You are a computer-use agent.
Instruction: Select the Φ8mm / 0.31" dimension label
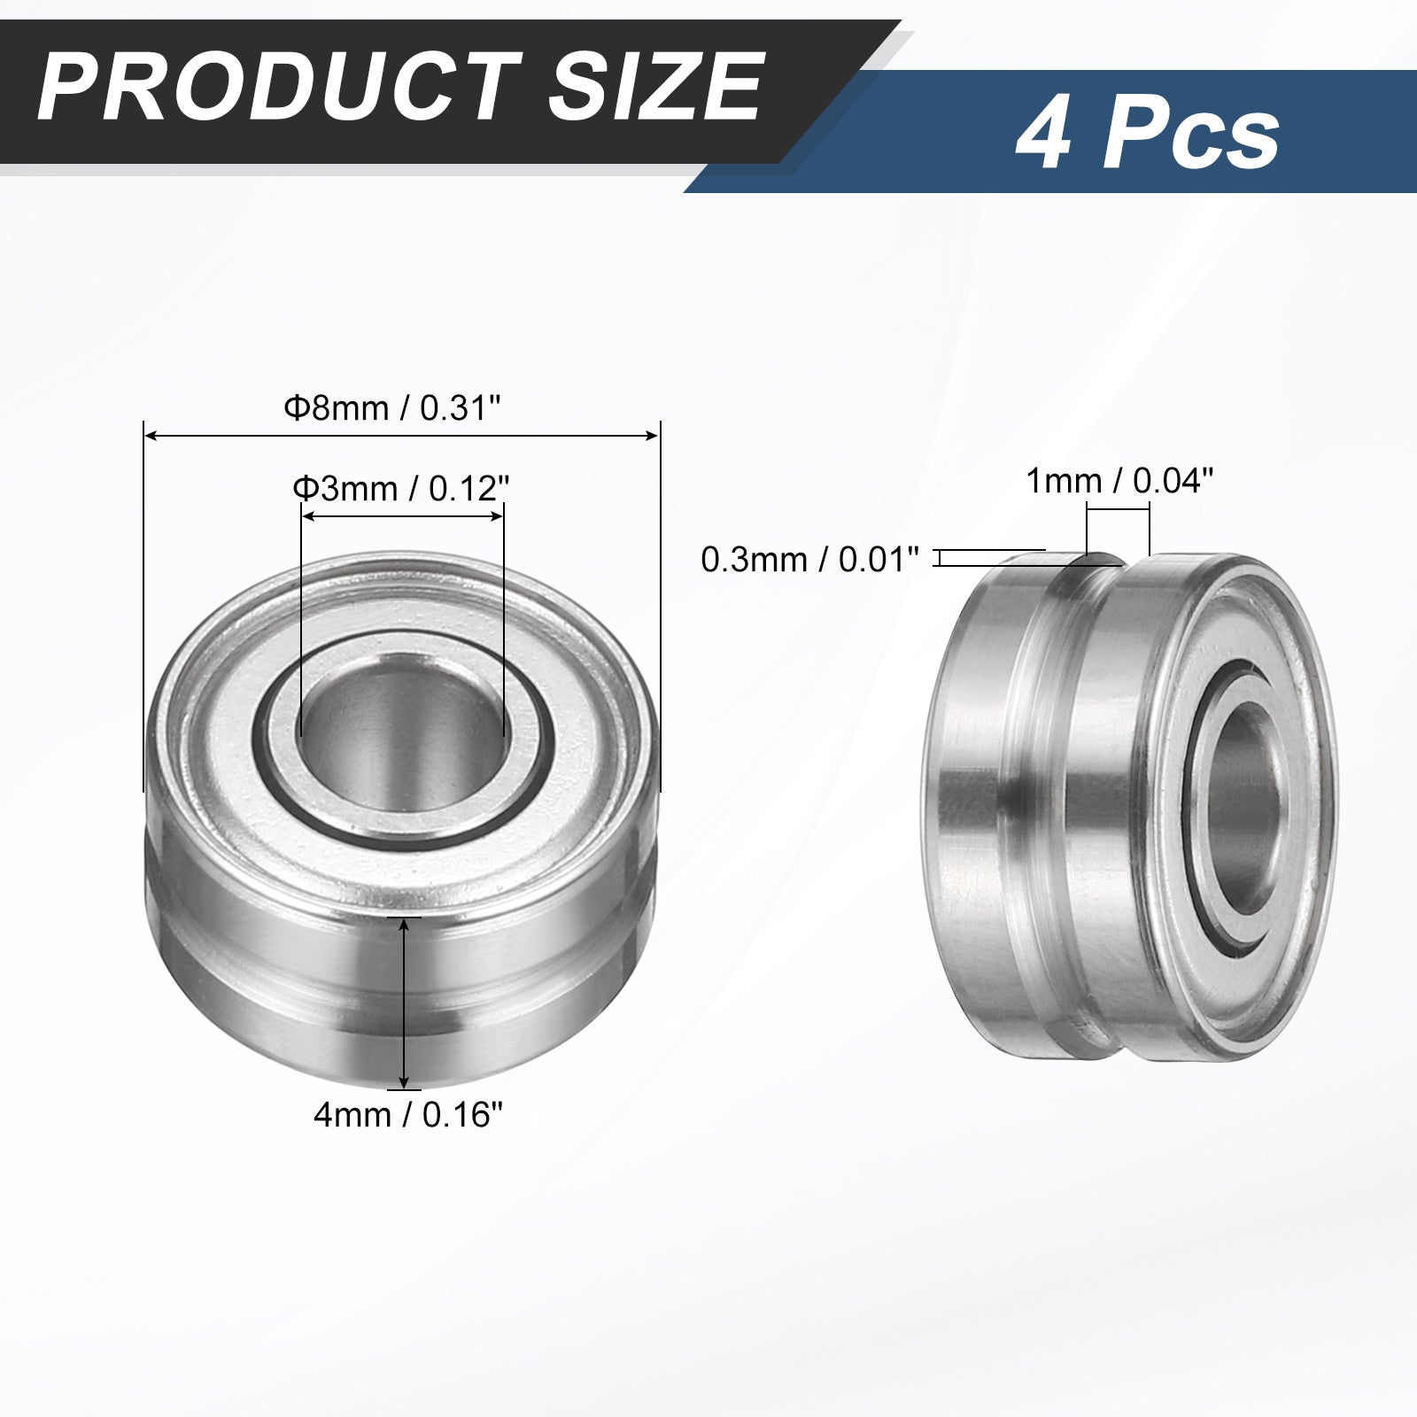pyautogui.click(x=392, y=408)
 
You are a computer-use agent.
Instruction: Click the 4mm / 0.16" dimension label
pyautogui.click(x=414, y=1115)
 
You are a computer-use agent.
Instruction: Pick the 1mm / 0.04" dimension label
pyautogui.click(x=1119, y=481)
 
